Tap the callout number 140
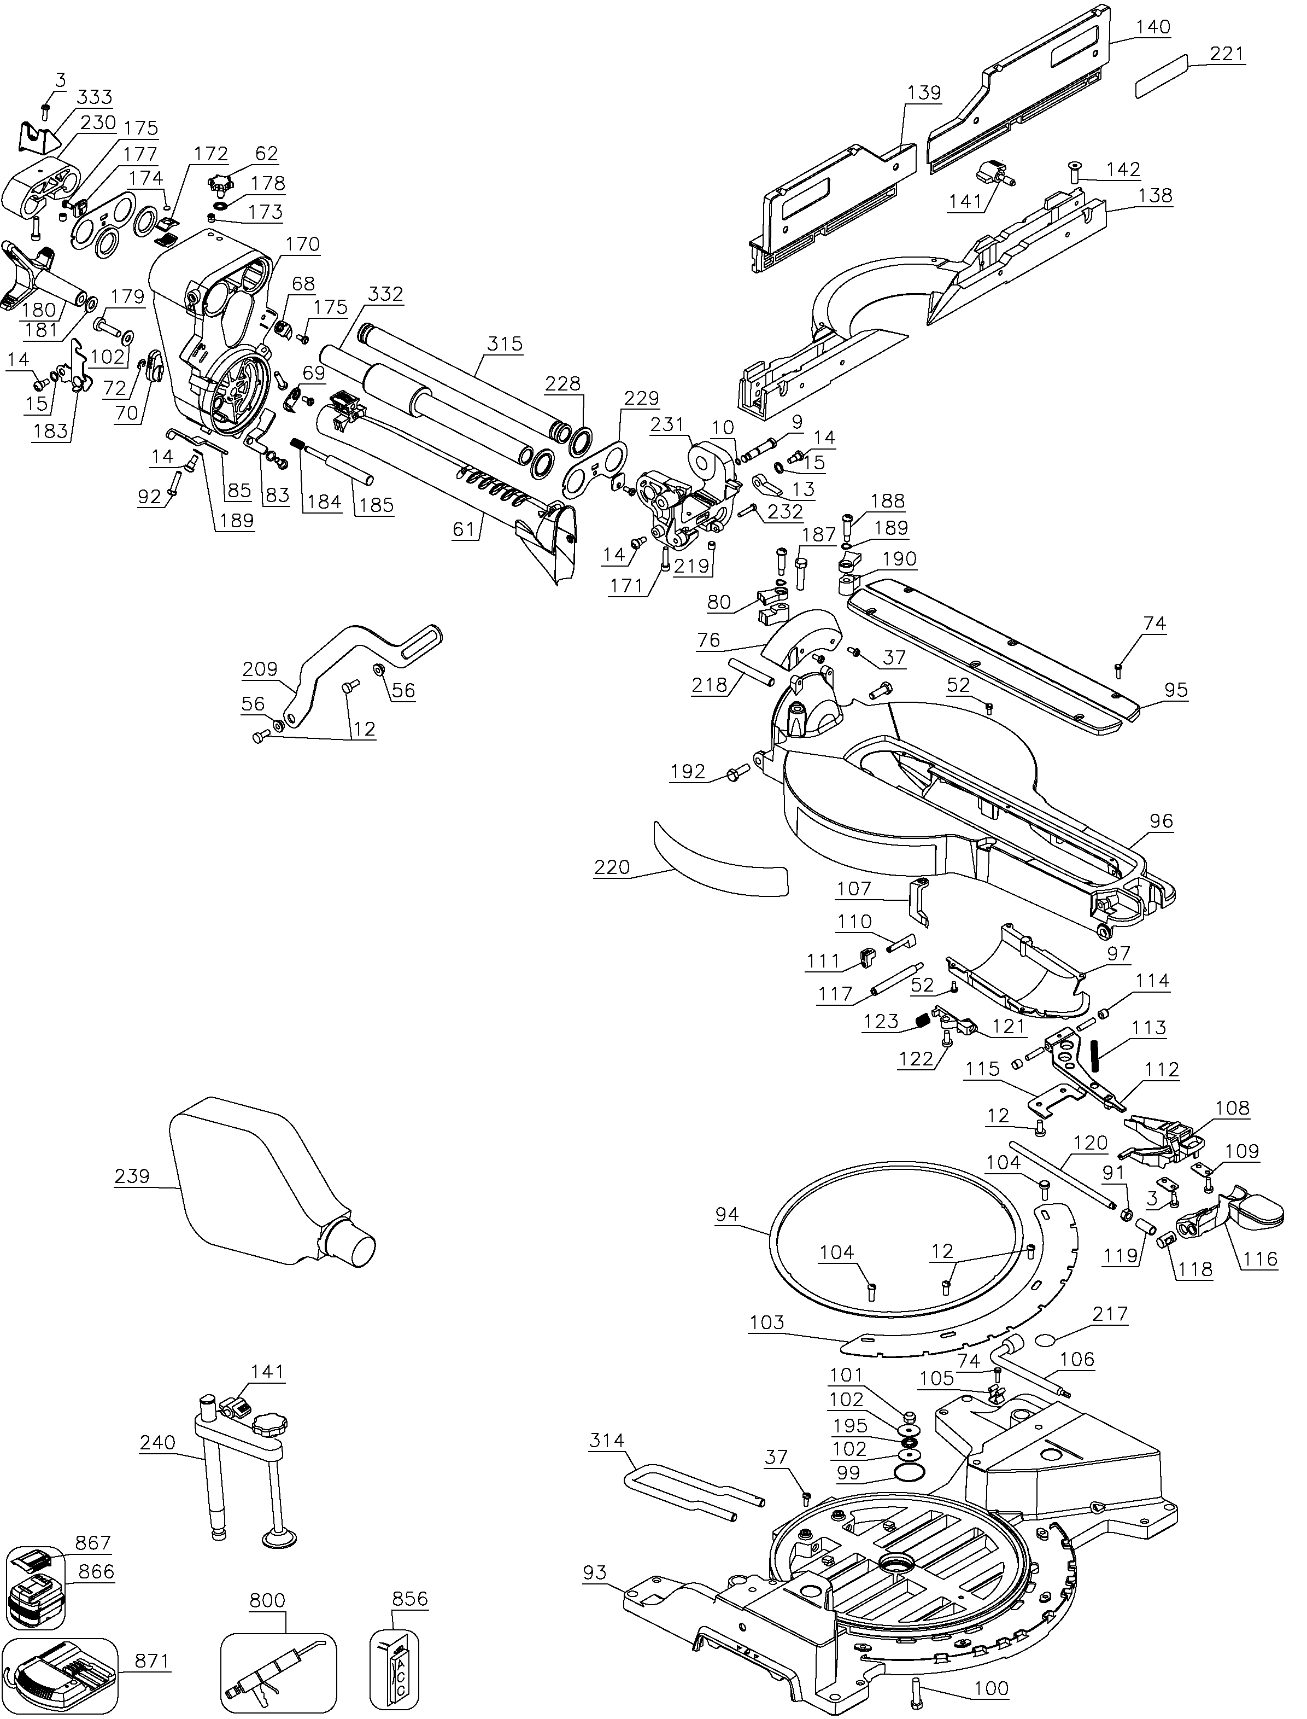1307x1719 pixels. pyautogui.click(x=1152, y=26)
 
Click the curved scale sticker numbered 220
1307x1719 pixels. pyautogui.click(x=719, y=860)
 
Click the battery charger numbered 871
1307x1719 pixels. pyautogui.click(x=58, y=1674)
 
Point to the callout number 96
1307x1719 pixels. pyautogui.click(x=1161, y=821)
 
